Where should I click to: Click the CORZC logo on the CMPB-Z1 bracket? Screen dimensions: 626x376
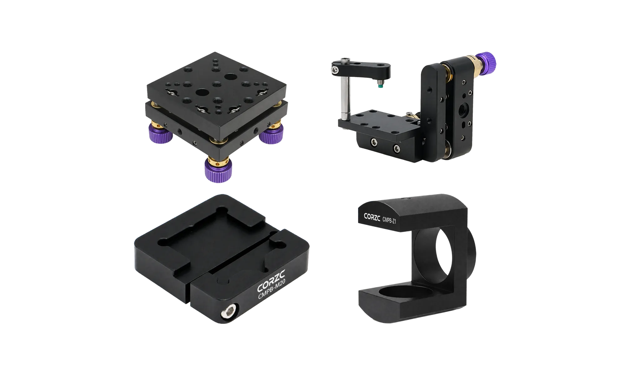coord(372,217)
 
